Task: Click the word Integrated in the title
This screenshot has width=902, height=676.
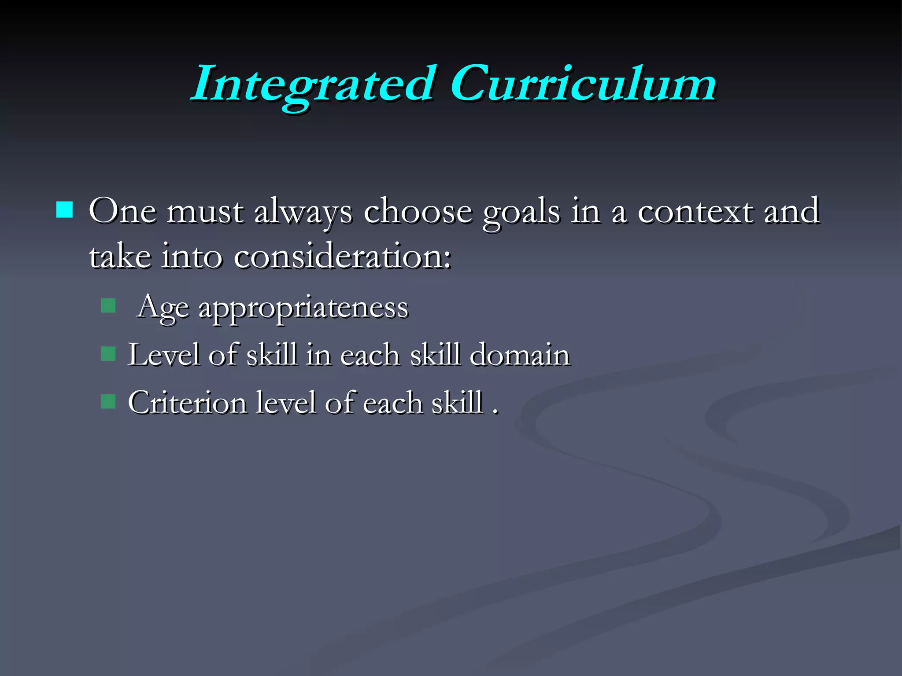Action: pos(312,85)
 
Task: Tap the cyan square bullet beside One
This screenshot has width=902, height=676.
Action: pos(65,210)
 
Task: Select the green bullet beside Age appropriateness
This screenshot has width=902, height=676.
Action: pos(108,305)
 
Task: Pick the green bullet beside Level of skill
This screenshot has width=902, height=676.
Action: pos(108,353)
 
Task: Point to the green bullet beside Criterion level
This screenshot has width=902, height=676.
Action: pos(108,401)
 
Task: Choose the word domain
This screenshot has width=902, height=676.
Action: pos(520,355)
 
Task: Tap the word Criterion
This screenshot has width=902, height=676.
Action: pos(187,403)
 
